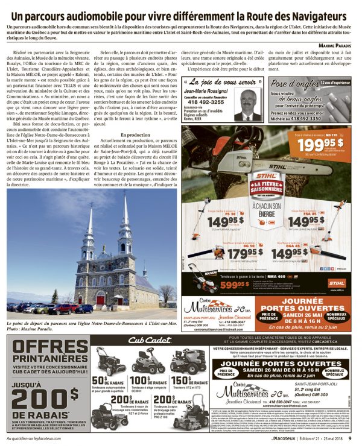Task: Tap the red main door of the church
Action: (x=100, y=300)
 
